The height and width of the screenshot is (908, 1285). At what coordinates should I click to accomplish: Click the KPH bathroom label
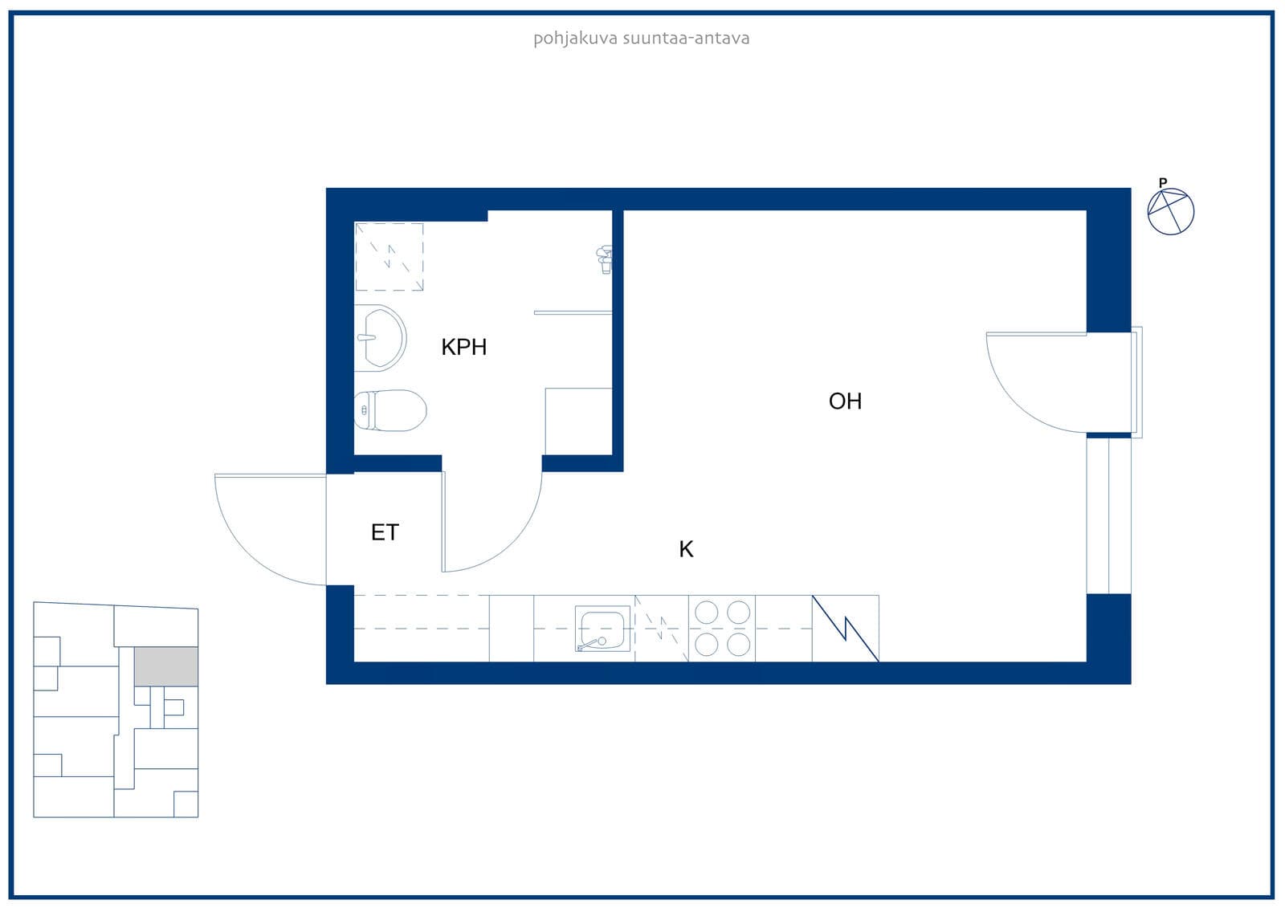(x=463, y=347)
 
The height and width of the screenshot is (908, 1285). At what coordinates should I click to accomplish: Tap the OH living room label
(x=845, y=401)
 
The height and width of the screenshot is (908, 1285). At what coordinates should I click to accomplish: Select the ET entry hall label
(x=385, y=532)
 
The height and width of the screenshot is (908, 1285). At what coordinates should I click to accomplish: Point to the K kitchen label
(x=686, y=549)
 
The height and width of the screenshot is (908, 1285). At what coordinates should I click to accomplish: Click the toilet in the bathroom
(x=390, y=410)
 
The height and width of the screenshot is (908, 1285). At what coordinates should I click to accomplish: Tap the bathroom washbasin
(x=380, y=338)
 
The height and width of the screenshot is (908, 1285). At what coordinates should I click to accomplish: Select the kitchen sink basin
(x=602, y=629)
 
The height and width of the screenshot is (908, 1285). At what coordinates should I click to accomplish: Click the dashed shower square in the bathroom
(x=389, y=256)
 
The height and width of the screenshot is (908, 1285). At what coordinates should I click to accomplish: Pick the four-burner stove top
(x=722, y=628)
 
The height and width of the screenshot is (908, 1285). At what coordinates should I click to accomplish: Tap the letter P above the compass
(x=1163, y=182)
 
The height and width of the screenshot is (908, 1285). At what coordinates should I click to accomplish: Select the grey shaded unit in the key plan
(x=165, y=666)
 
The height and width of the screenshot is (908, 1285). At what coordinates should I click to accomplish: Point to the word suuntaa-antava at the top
(x=686, y=39)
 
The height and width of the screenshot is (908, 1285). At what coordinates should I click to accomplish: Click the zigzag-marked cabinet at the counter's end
(x=845, y=628)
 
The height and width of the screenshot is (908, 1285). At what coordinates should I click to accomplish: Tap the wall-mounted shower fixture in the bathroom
(x=605, y=259)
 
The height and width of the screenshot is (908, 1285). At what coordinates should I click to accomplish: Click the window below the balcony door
(x=1108, y=515)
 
